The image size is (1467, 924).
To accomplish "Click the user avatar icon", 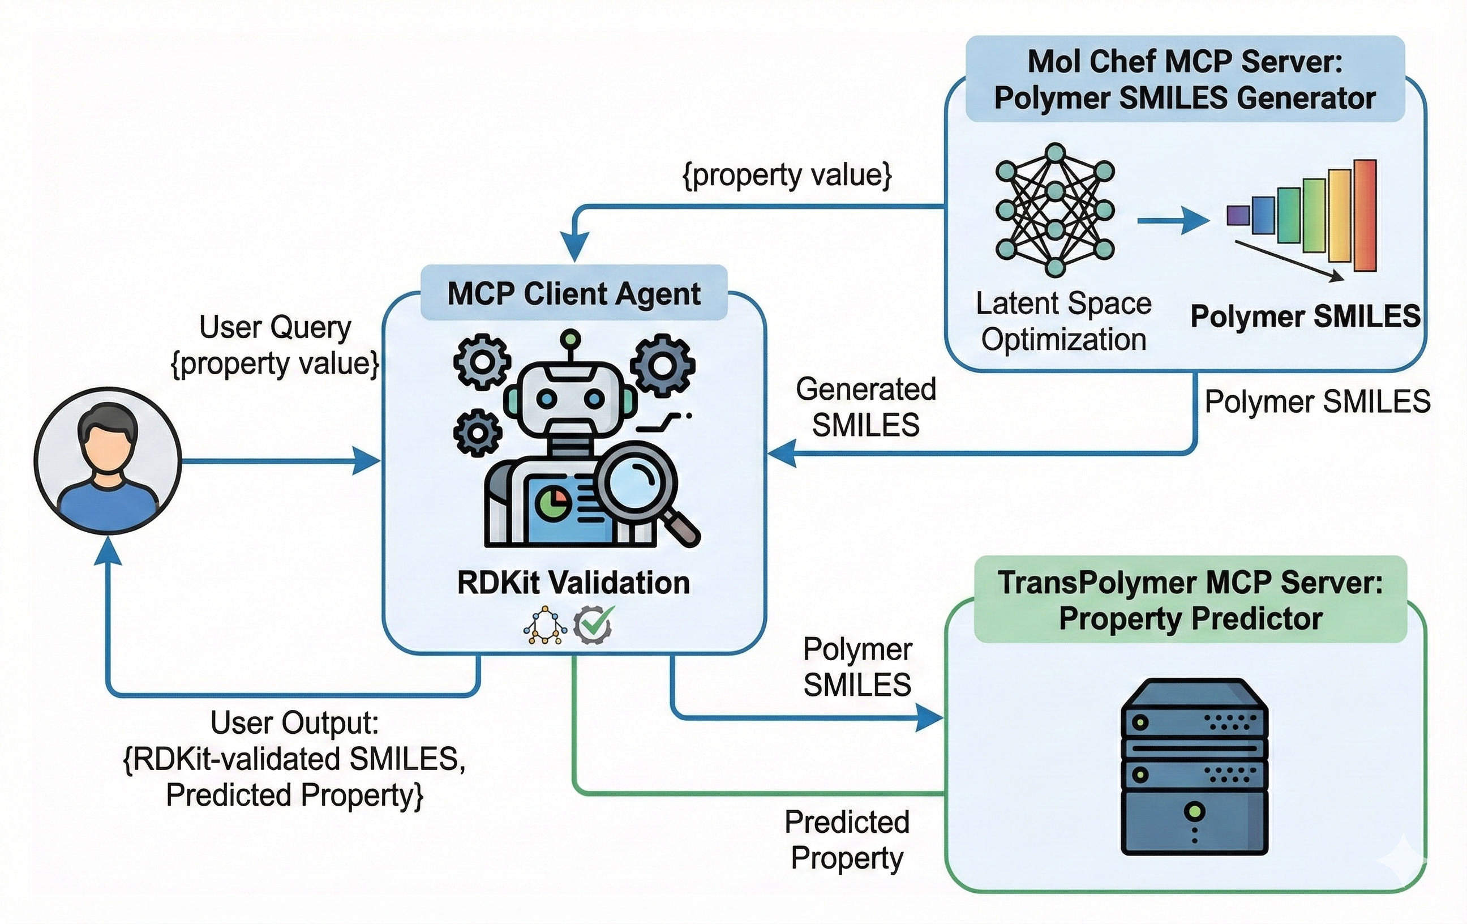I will click(x=108, y=461).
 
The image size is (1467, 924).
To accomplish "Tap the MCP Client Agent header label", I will click(x=574, y=294).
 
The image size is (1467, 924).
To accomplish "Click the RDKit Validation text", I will click(x=573, y=583).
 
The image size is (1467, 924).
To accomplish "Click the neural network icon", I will click(x=1055, y=210).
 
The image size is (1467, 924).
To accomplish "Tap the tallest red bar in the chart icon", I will click(x=1365, y=215).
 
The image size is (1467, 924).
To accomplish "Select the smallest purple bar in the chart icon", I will click(x=1238, y=215).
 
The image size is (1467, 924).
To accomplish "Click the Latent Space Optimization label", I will click(x=1063, y=321).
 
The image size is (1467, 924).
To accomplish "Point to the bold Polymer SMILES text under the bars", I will click(x=1305, y=316).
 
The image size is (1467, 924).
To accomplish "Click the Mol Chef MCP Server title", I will click(x=1185, y=80).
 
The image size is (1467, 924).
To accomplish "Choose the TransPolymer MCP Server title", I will click(x=1190, y=600).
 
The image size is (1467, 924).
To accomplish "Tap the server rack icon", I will click(x=1194, y=766).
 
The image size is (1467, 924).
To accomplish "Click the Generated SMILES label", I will click(x=866, y=407).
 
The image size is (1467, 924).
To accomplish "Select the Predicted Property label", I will click(x=847, y=840).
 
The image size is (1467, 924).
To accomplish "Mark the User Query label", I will click(x=276, y=345).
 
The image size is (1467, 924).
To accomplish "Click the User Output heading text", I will click(x=295, y=724).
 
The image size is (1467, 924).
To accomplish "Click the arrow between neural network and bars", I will click(x=1172, y=220).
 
